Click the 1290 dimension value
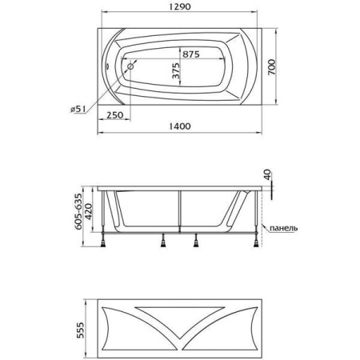[180, 6]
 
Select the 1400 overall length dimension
[180, 126]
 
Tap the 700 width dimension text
[271, 67]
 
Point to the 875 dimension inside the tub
[191, 54]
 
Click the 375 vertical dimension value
[175, 71]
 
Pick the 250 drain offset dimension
[115, 115]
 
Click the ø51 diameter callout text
[78, 109]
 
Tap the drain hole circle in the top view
[130, 66]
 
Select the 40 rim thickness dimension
[268, 174]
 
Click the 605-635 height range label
[78, 211]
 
